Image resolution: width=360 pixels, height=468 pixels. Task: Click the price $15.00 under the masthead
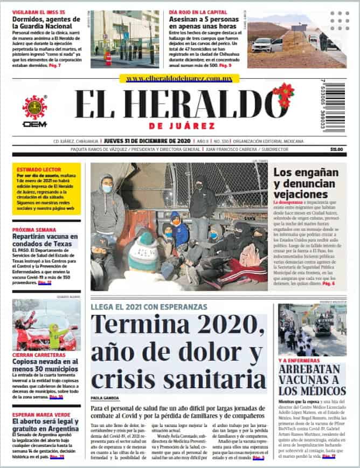[336, 149]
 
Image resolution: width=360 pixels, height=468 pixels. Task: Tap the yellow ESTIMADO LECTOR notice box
[46, 188]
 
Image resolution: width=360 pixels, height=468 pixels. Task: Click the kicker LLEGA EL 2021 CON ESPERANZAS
[148, 306]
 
